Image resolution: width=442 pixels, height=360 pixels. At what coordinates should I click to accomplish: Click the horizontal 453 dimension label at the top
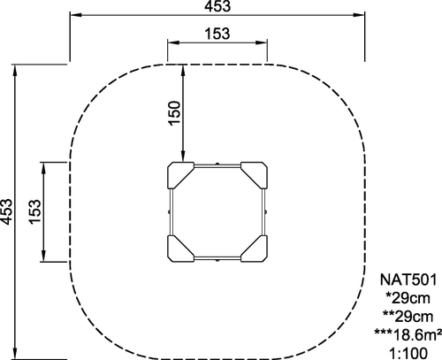pos(217,6)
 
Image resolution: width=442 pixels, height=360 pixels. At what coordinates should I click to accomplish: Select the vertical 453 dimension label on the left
pos(6,211)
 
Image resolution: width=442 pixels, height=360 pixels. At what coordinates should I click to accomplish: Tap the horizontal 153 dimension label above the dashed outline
pos(217,34)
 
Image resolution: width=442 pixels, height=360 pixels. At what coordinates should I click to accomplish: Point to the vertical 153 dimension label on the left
pos(35,211)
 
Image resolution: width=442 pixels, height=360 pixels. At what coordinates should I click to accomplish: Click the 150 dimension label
pos(174,113)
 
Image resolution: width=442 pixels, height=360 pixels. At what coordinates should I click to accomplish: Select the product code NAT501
pos(408,280)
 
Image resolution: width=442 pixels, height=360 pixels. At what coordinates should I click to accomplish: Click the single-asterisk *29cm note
pos(408,298)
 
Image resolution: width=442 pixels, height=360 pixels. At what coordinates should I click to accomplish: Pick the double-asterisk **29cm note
pos(408,317)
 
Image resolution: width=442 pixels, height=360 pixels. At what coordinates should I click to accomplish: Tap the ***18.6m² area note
pos(408,334)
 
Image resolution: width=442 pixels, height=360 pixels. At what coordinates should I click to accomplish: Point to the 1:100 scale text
pos(408,353)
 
